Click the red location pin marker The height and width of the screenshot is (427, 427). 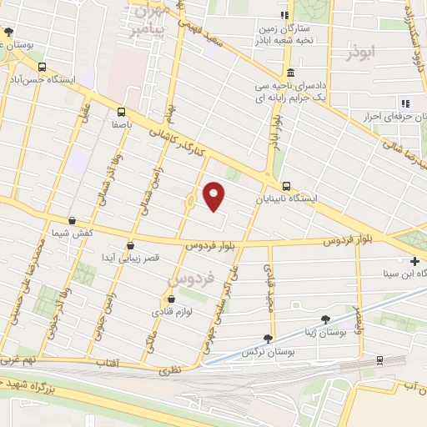[214, 196]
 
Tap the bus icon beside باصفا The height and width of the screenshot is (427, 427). [123, 112]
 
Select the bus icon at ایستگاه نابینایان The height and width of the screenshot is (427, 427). [286, 186]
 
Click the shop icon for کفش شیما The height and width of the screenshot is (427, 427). [72, 221]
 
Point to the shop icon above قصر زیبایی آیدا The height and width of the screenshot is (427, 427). [129, 245]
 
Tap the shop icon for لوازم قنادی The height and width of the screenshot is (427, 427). [171, 299]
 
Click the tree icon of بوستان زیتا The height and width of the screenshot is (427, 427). [325, 319]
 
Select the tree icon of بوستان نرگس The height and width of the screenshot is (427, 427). [267, 339]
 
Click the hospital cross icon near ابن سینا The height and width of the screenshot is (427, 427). [414, 261]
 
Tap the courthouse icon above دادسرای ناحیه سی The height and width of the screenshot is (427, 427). [289, 73]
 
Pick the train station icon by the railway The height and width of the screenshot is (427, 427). [379, 360]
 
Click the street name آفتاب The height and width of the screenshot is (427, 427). [106, 364]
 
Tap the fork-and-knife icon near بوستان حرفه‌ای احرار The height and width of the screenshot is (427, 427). [405, 103]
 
